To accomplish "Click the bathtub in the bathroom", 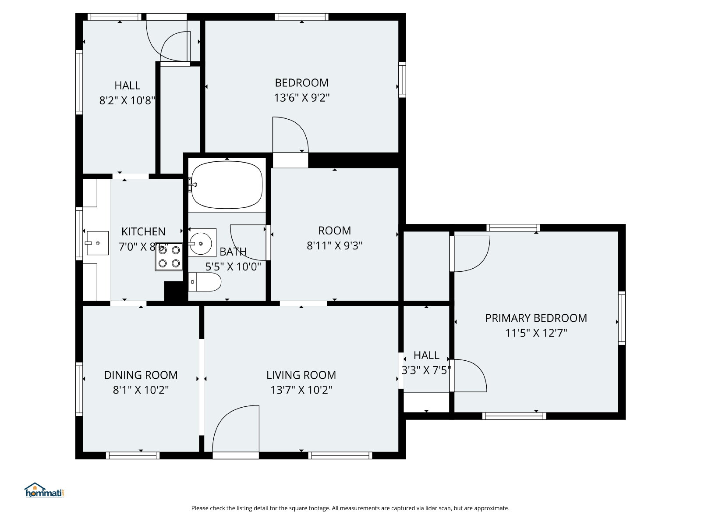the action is (x=227, y=185).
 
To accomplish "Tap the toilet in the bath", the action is (x=205, y=282).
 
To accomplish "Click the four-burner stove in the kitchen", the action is (x=169, y=257).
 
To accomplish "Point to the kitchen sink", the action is (x=97, y=243).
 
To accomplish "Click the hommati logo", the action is (x=44, y=490).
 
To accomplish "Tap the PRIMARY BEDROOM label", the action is (x=536, y=318).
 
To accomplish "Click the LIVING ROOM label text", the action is (x=301, y=375).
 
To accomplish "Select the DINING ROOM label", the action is (x=141, y=375).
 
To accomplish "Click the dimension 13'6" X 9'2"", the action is (x=301, y=97).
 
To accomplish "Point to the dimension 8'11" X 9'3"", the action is (x=334, y=245).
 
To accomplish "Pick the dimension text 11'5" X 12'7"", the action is (x=536, y=333).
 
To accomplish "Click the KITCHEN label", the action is (x=143, y=231).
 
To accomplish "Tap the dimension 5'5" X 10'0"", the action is (x=233, y=267).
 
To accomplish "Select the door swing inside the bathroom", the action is (x=248, y=242).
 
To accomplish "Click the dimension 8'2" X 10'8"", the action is (x=127, y=100).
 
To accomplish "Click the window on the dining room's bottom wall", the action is (x=133, y=455).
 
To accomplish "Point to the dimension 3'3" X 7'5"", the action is (x=426, y=370).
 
